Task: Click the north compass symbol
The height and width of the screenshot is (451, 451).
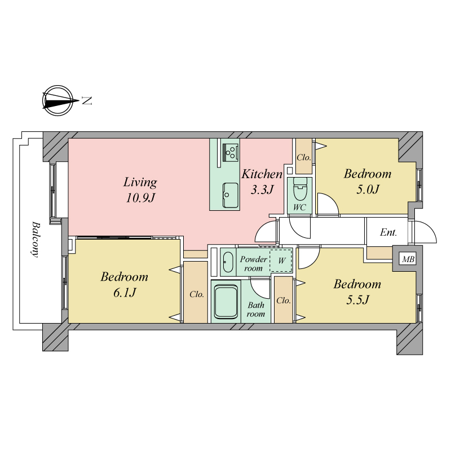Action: (x=59, y=101)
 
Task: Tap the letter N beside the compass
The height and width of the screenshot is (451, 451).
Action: (x=87, y=101)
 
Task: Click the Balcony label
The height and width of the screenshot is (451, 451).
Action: (x=35, y=239)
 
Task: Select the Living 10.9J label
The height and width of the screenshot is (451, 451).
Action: (x=140, y=190)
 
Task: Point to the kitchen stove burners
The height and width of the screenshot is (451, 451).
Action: (x=231, y=152)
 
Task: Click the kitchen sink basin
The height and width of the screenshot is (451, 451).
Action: (x=231, y=194)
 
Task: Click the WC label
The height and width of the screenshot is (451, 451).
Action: (x=299, y=207)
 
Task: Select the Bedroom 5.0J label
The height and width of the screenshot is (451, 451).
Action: (x=368, y=182)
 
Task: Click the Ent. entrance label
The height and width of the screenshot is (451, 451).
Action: (x=388, y=232)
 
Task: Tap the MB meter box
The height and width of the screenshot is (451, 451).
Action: (x=408, y=259)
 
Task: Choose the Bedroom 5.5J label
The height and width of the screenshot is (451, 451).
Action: (x=357, y=292)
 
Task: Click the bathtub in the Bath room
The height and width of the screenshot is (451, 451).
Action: (x=226, y=302)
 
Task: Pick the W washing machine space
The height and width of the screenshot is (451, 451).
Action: (x=281, y=261)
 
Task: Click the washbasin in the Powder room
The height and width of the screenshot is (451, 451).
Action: (x=228, y=262)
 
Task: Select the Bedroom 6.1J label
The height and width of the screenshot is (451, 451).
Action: (x=124, y=285)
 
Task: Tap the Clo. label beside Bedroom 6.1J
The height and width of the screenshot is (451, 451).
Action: (x=197, y=294)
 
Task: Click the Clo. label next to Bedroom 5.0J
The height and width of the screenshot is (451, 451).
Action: (x=304, y=157)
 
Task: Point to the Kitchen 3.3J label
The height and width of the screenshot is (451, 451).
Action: (x=262, y=182)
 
